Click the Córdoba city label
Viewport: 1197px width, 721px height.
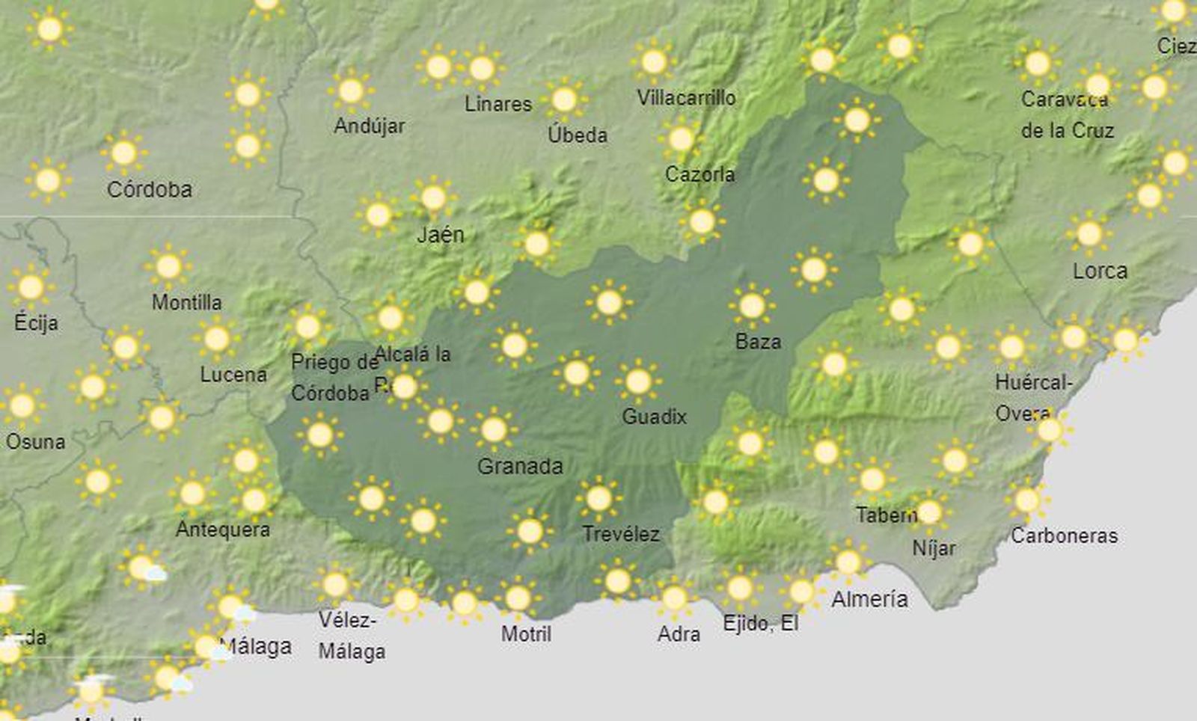tap(150, 189)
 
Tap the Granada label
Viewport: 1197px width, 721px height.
tap(520, 467)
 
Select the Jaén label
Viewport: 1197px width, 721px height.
tap(441, 235)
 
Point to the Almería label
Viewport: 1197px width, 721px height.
tap(869, 599)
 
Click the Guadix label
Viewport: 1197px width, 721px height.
tap(654, 417)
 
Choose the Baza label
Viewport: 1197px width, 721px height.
tap(758, 342)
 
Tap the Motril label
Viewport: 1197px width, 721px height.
tap(526, 634)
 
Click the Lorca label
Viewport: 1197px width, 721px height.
tap(1100, 271)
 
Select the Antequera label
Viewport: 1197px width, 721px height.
tap(222, 530)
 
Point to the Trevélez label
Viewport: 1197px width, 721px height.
tap(621, 534)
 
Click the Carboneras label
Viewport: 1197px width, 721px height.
tap(1064, 536)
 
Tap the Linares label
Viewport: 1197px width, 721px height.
tap(498, 104)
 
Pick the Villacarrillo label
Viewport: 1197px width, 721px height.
tap(686, 98)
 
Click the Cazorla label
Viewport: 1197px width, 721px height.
tap(699, 174)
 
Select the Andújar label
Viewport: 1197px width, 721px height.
tap(369, 126)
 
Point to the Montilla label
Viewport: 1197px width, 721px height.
tap(186, 302)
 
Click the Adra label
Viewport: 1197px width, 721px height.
tap(679, 634)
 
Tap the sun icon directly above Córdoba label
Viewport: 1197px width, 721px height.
tap(123, 153)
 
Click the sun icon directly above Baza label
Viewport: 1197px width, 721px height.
tap(751, 305)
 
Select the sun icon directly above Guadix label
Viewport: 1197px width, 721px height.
tap(637, 381)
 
